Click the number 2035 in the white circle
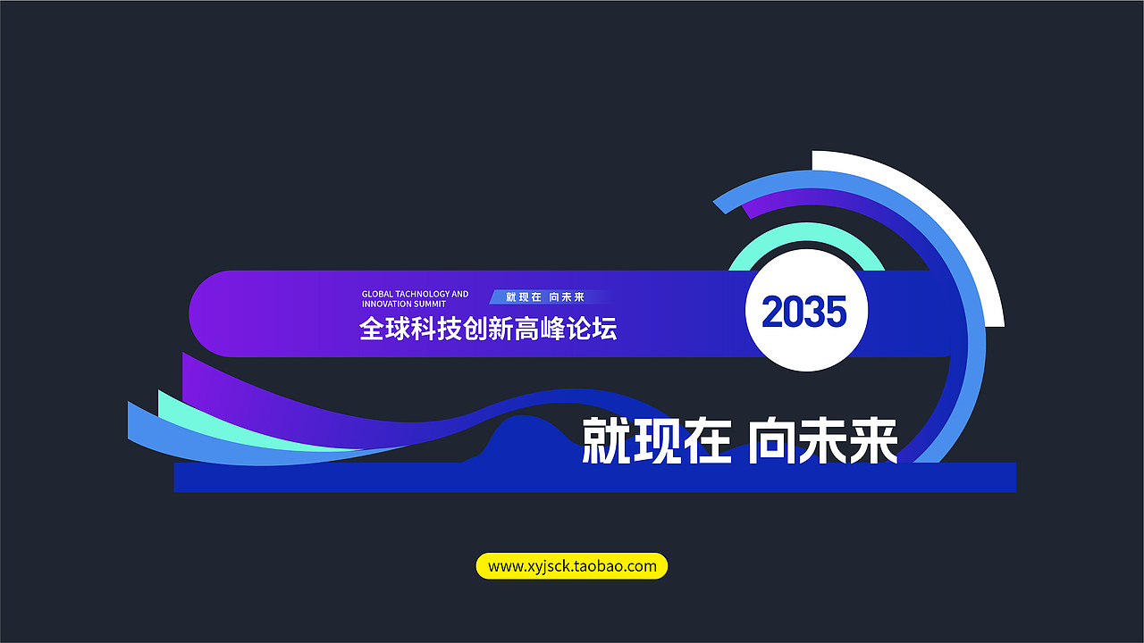click(x=803, y=313)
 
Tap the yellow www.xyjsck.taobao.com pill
click(x=572, y=566)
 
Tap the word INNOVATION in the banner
click(x=387, y=305)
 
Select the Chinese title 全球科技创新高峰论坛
click(x=488, y=329)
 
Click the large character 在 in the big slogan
click(x=707, y=439)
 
